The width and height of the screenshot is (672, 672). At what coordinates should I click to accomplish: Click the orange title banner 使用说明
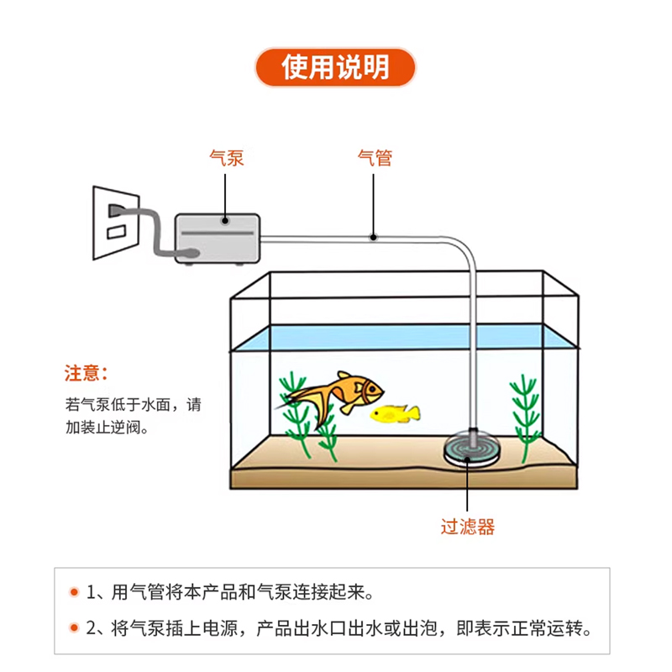(335, 68)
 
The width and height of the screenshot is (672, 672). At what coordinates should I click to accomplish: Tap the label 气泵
(226, 157)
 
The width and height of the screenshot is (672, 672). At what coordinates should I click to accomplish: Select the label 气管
(375, 157)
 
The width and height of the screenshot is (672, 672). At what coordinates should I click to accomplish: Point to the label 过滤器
(468, 528)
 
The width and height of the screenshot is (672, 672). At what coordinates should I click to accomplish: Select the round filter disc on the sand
(472, 452)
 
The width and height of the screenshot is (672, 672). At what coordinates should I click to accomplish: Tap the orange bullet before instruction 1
(74, 592)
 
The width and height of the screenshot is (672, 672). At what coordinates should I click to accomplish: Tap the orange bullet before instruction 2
(74, 627)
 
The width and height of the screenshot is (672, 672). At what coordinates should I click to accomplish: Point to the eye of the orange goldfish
(368, 386)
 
